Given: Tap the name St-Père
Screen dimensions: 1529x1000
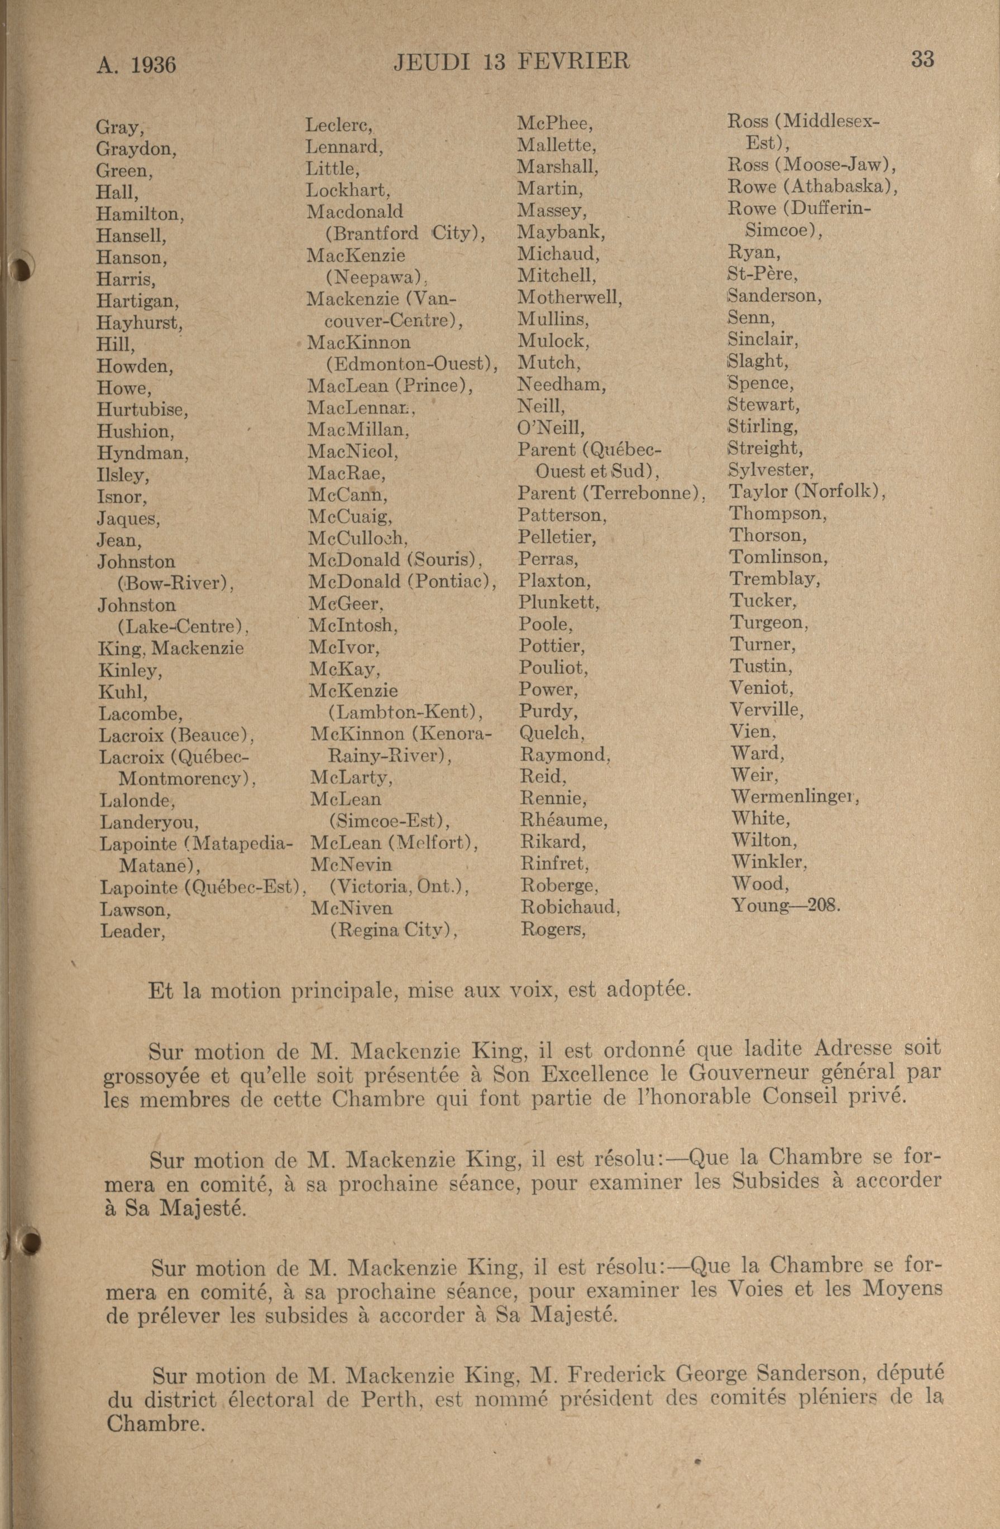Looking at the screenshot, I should coord(763,275).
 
